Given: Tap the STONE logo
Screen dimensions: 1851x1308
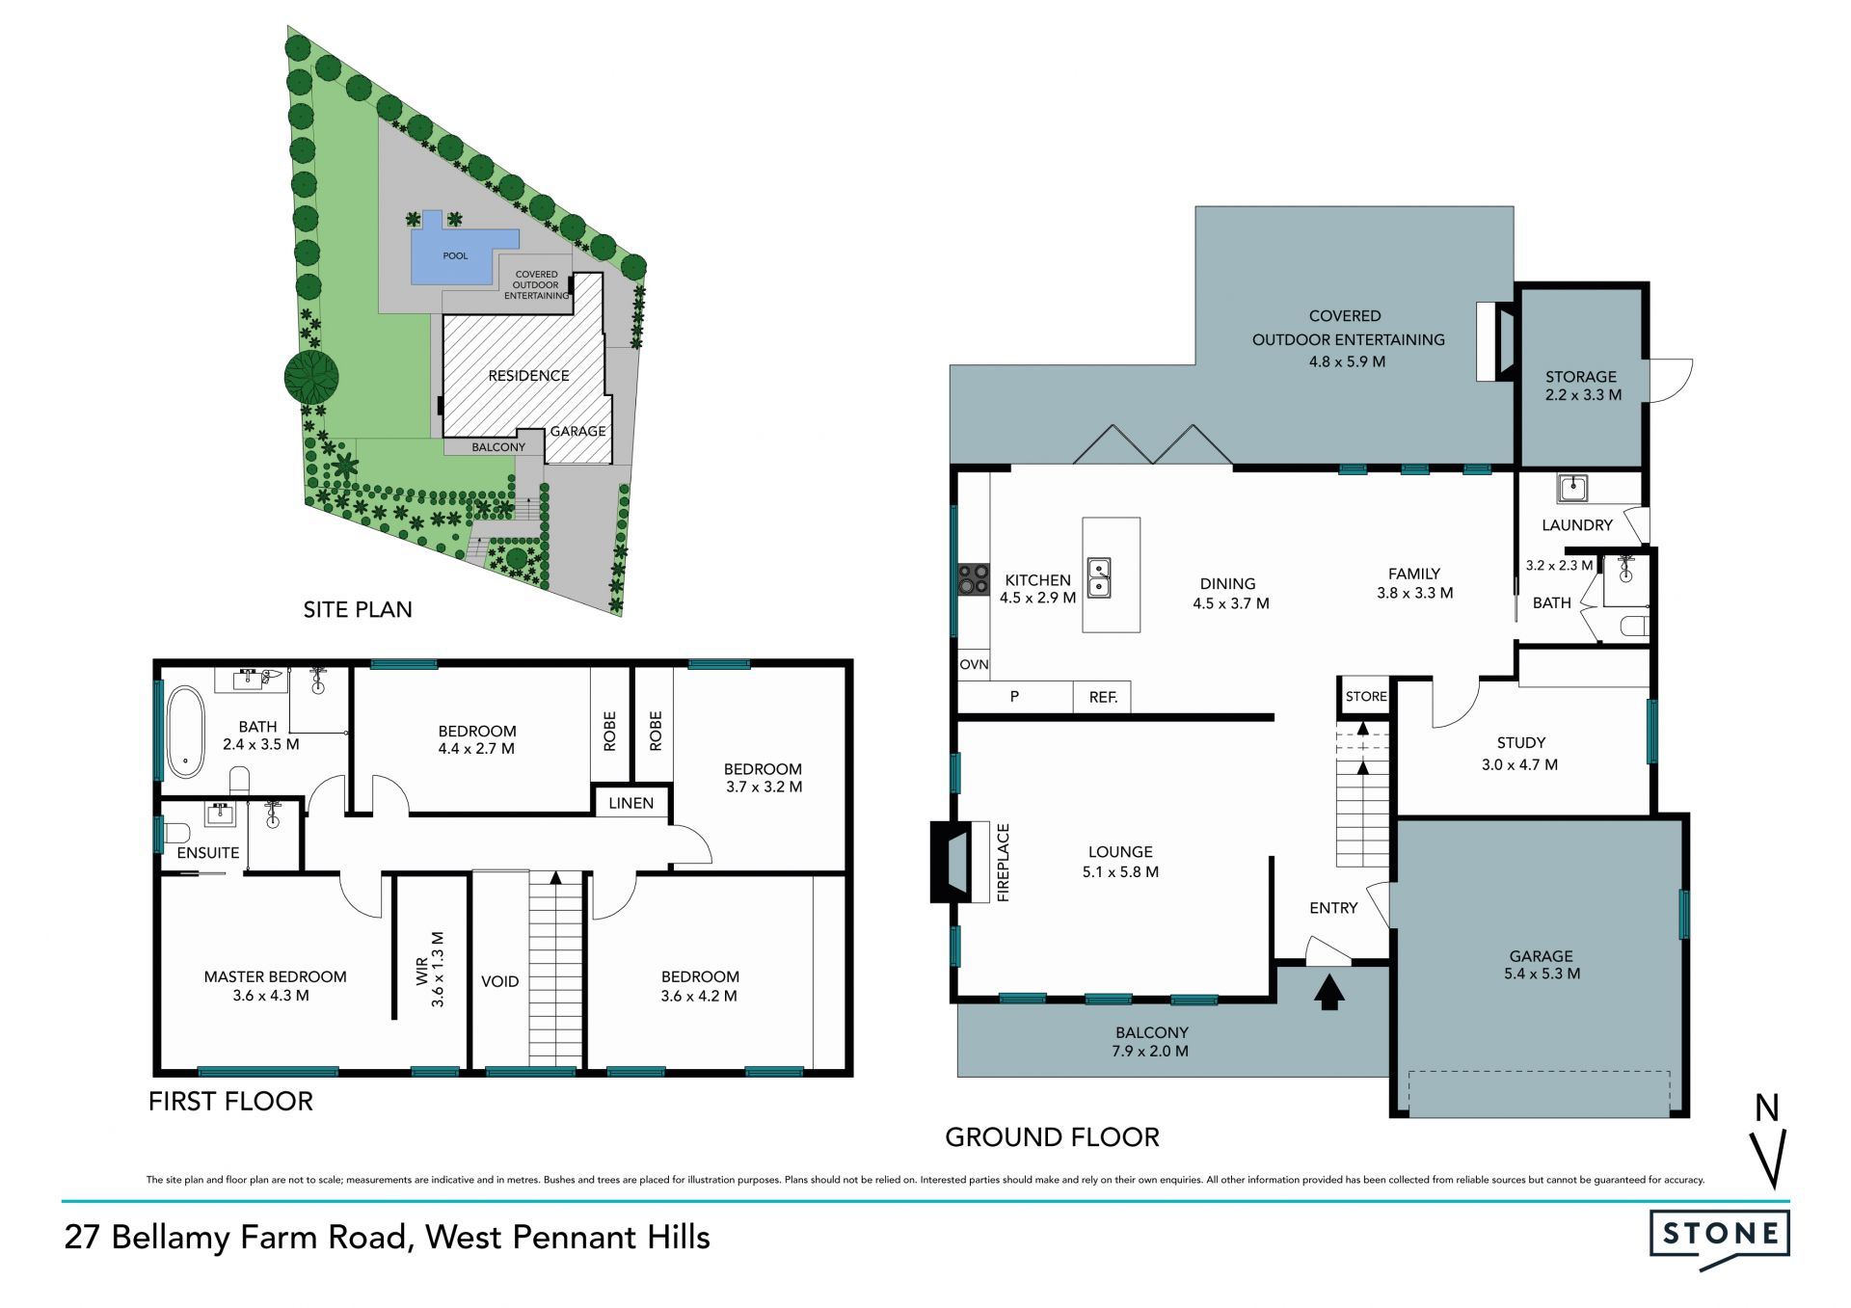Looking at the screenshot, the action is (x=1719, y=1240).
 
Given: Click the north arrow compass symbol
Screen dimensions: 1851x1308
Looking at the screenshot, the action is (x=1769, y=1141).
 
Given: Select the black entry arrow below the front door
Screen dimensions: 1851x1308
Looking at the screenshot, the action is (x=1329, y=992).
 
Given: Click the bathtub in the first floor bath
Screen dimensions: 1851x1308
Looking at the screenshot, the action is (x=185, y=732).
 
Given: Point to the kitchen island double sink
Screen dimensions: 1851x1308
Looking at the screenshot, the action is (x=1099, y=577).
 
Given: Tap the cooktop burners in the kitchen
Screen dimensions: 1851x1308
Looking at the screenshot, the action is (x=973, y=579).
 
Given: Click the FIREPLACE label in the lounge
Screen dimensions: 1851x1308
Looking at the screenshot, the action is (x=1003, y=862).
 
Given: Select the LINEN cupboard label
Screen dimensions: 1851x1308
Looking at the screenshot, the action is (x=630, y=803).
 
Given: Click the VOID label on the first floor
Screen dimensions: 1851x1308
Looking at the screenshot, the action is (x=499, y=981).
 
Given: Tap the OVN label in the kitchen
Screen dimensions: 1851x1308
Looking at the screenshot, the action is (x=974, y=664).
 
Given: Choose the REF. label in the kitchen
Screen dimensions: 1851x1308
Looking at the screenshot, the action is (x=1103, y=697).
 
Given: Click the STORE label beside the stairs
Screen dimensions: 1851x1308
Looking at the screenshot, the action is (x=1366, y=696).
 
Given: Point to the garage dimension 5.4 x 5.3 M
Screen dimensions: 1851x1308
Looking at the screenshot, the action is (x=1542, y=974).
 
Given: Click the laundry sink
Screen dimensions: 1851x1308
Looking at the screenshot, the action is (x=1572, y=488).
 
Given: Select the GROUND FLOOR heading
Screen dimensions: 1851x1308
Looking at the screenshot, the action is (x=1052, y=1137).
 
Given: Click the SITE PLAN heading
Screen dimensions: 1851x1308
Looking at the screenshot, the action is (x=358, y=609).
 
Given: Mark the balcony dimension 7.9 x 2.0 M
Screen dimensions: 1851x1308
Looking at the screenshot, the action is (x=1149, y=1051).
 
